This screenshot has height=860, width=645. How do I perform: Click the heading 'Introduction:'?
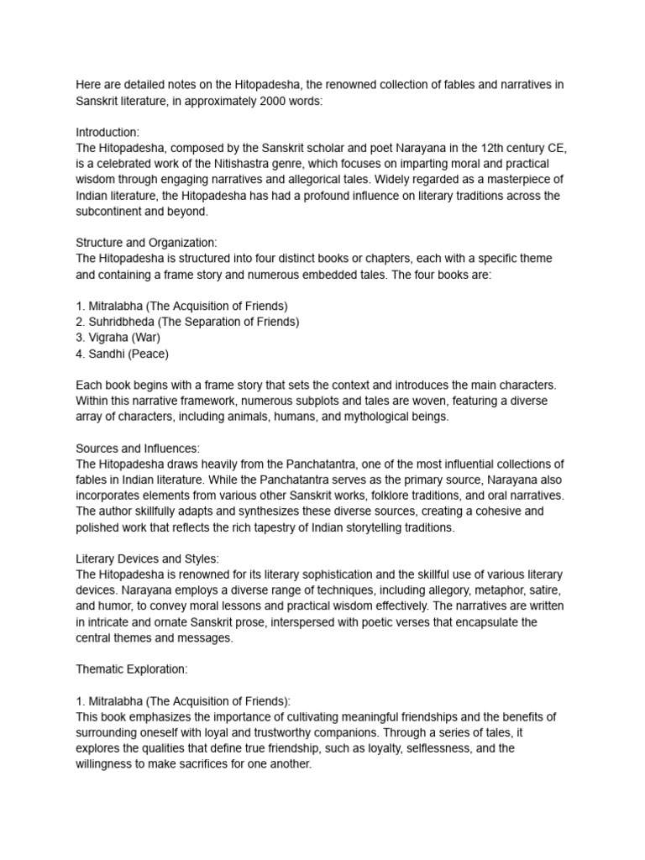pos(107,133)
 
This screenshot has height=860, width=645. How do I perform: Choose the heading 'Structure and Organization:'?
pos(146,243)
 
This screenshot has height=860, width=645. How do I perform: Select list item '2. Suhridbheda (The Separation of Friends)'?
pos(187,322)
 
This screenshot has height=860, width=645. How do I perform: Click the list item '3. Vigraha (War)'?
pos(118,338)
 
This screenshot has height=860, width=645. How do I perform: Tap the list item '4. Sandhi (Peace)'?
pos(122,354)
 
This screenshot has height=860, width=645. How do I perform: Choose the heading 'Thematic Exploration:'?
pos(132,669)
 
